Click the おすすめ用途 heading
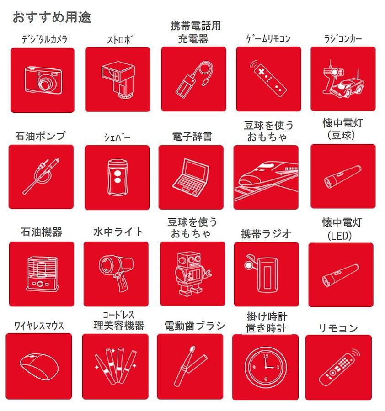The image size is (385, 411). tap(52, 17)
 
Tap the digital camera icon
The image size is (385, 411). tap(43, 80)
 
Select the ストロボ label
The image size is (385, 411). tap(120, 40)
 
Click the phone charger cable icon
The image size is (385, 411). tap(194, 79)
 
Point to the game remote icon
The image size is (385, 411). tap(267, 79)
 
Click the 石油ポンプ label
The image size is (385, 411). tap(40, 136)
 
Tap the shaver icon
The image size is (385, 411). tap(118, 177)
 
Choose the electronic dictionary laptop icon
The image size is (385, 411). tap(191, 178)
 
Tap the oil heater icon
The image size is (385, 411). tap(42, 274)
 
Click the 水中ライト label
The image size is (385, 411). tap(118, 232)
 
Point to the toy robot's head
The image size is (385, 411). tap(189, 260)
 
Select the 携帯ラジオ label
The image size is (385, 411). tap(266, 233)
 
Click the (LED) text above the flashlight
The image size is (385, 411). tap(339, 236)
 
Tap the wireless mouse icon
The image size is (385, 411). tap(39, 366)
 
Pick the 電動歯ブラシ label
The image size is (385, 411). tap(194, 326)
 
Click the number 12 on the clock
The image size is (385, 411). tap(266, 356)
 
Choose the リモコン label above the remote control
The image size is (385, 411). tap(338, 328)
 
